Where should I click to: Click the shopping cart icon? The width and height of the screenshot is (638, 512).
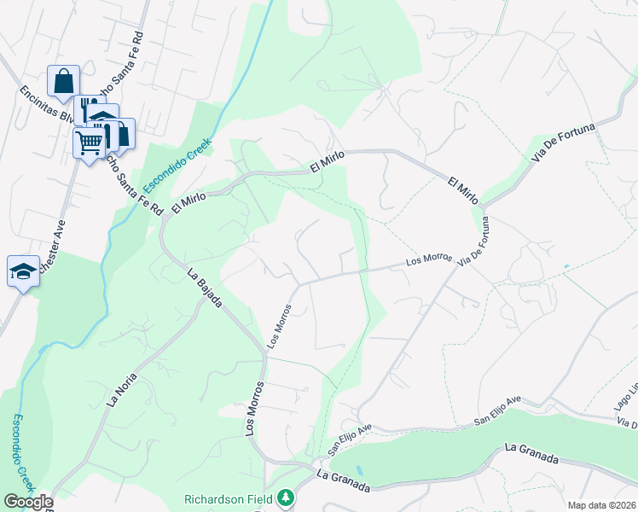click(x=90, y=141)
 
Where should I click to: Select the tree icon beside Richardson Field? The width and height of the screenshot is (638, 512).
click(x=287, y=497)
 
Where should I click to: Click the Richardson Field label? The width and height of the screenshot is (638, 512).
click(x=229, y=498)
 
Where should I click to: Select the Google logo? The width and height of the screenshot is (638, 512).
click(x=27, y=502)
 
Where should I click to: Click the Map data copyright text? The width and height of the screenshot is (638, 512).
click(x=602, y=505)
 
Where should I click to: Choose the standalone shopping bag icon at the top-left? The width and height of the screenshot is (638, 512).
click(x=64, y=81)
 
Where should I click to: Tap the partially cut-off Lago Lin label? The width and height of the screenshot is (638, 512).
click(x=631, y=389)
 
